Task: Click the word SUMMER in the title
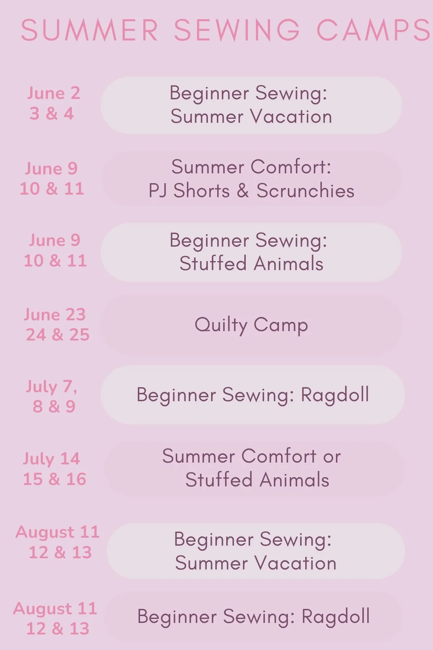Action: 89,30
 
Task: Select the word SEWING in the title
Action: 237,30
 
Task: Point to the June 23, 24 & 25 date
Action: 56,325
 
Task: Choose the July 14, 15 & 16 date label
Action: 54,469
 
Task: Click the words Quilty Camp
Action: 251,325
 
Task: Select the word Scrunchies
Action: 305,191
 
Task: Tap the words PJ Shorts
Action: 189,191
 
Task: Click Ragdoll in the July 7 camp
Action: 335,394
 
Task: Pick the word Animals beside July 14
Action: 294,480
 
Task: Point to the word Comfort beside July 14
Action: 279,456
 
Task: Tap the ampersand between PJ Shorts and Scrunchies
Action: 243,191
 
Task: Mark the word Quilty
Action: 220,325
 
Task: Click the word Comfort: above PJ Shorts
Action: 291,167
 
